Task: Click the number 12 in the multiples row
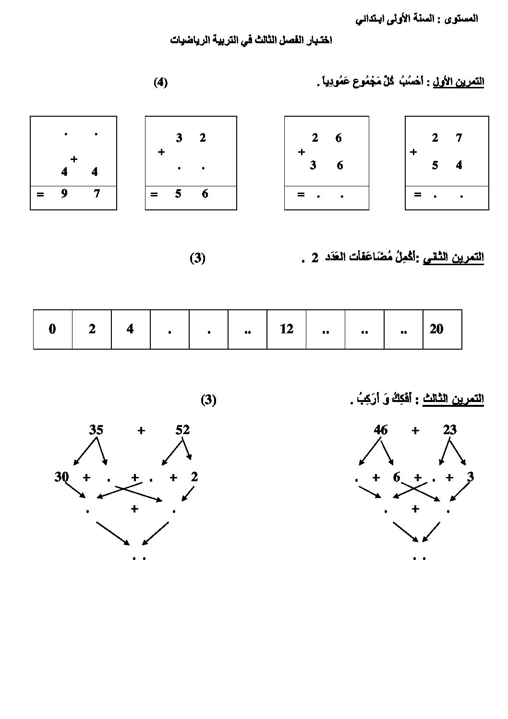286,329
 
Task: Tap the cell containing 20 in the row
443,329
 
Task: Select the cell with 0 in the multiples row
53,329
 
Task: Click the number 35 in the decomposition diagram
96,430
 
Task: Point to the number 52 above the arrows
182,430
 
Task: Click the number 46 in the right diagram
381,430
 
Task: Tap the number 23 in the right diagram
449,430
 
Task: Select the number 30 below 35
61,476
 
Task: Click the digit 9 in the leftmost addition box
64,194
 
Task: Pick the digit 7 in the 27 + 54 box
459,138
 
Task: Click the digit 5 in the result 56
178,194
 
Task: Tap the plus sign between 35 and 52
141,430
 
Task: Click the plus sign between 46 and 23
415,430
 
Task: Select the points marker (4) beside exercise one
160,83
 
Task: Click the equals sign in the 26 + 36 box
301,194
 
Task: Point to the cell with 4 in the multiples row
131,329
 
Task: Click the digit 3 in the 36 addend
313,165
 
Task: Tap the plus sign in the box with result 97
74,159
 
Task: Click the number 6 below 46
397,477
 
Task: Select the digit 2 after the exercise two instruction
314,258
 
